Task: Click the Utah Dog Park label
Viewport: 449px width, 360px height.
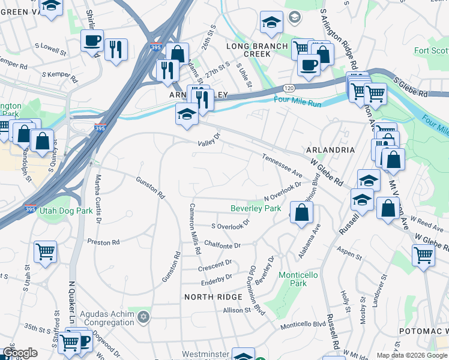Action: click(66, 211)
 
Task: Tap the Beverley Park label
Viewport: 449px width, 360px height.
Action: click(256, 209)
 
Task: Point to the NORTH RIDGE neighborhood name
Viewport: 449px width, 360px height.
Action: click(212, 297)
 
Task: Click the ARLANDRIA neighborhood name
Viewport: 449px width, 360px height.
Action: click(330, 149)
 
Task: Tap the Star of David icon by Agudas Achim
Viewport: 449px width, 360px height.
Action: click(143, 316)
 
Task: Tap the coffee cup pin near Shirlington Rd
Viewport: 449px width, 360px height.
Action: click(92, 40)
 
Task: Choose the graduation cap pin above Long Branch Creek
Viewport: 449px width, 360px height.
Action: click(271, 23)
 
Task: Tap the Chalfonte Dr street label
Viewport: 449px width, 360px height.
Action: click(222, 245)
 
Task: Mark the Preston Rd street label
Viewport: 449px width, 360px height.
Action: click(103, 242)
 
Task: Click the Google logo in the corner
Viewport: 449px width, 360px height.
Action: click(20, 353)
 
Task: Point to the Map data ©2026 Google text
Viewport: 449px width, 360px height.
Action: click(411, 355)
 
